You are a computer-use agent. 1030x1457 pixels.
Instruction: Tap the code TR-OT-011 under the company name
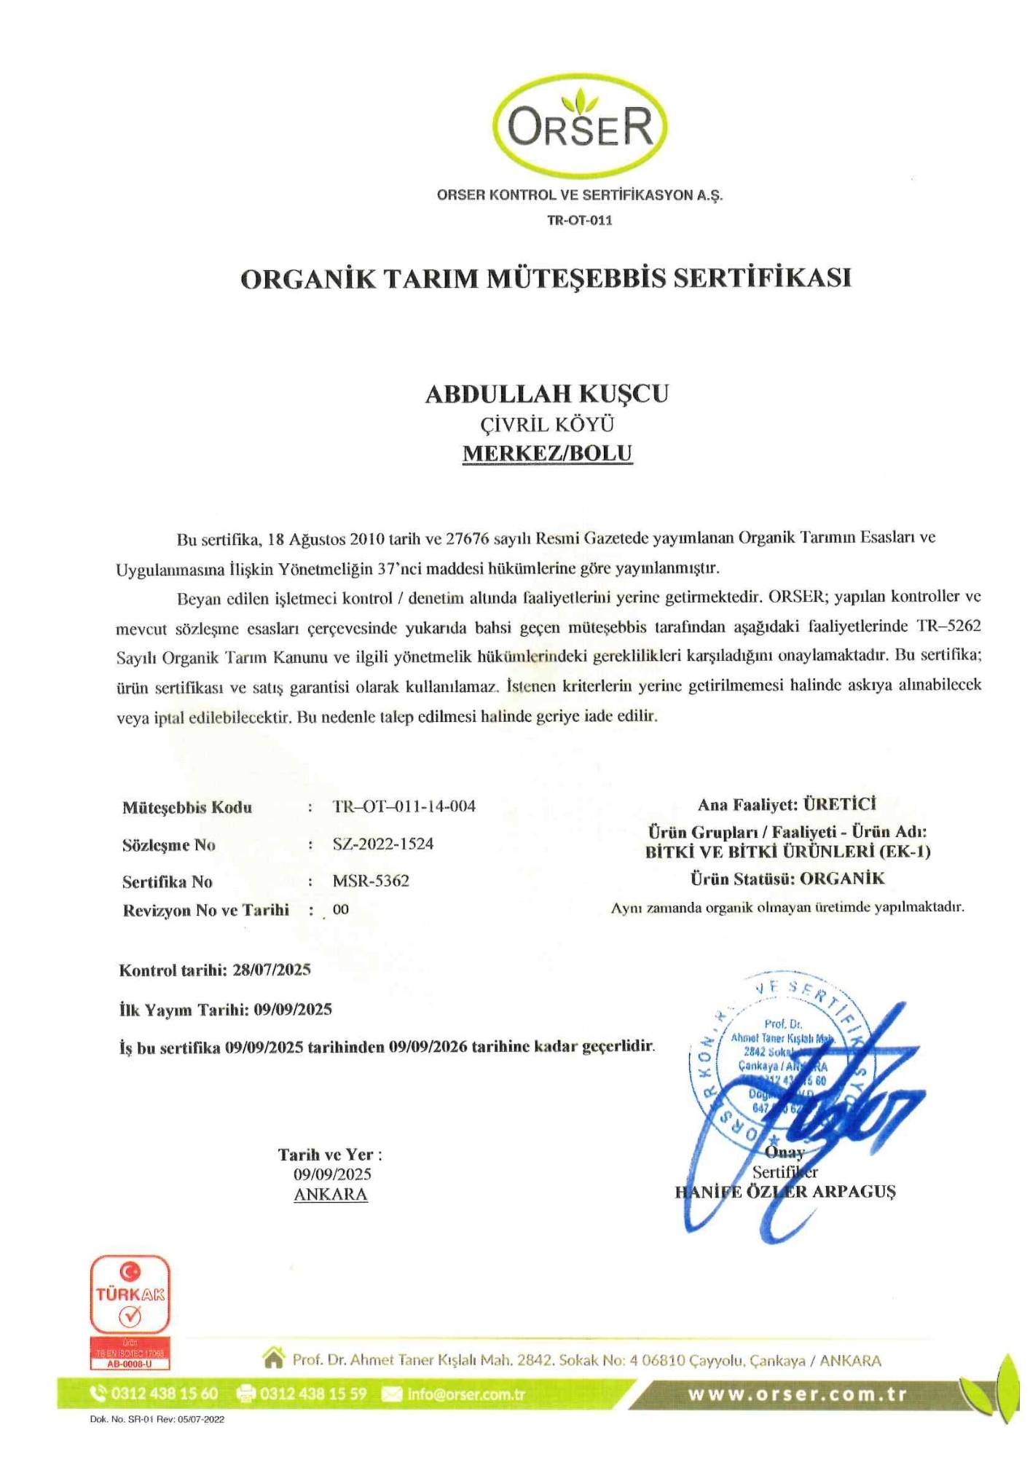pyautogui.click(x=580, y=221)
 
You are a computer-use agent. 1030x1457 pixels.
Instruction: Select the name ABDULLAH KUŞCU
pyautogui.click(x=547, y=394)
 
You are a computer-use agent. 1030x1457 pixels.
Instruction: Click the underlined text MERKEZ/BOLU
pyautogui.click(x=548, y=453)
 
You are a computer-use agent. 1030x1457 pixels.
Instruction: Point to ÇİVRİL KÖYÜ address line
pyautogui.click(x=547, y=425)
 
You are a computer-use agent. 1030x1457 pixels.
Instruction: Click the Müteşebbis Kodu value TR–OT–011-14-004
pyautogui.click(x=404, y=806)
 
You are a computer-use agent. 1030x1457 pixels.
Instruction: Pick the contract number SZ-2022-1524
pyautogui.click(x=383, y=844)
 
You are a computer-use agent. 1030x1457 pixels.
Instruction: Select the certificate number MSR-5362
pyautogui.click(x=371, y=881)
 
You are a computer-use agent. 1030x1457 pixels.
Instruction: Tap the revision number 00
pyautogui.click(x=340, y=909)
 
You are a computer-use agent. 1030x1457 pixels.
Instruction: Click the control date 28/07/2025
pyautogui.click(x=272, y=970)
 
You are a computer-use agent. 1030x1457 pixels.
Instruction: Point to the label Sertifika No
pyautogui.click(x=168, y=882)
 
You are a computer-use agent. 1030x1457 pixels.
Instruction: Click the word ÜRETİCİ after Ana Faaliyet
pyautogui.click(x=839, y=804)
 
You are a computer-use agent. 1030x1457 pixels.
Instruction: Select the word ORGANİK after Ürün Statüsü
pyautogui.click(x=842, y=879)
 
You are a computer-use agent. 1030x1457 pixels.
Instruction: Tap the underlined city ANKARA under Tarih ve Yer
pyautogui.click(x=331, y=1195)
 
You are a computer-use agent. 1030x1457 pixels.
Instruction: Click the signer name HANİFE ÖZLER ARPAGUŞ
pyautogui.click(x=785, y=1193)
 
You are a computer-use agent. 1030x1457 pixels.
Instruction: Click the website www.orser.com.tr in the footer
pyautogui.click(x=798, y=1395)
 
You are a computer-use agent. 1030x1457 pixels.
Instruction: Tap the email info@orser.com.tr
pyautogui.click(x=466, y=1394)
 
